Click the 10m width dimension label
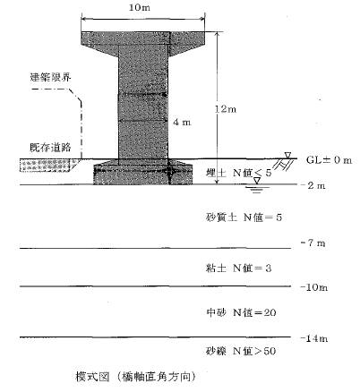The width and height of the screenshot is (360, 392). click(x=140, y=7)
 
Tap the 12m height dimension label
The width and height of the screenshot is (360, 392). click(x=226, y=109)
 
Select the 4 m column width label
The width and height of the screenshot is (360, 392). click(x=182, y=122)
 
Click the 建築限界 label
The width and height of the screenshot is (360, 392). click(x=50, y=77)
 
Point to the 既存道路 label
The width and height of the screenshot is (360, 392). click(x=50, y=148)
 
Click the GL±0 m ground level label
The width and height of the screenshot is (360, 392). click(x=330, y=160)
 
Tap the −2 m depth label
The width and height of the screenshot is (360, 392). click(x=313, y=185)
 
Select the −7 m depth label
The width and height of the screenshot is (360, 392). click(x=313, y=243)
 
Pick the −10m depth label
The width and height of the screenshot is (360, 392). click(x=313, y=287)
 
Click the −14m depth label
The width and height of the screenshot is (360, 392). click(x=313, y=338)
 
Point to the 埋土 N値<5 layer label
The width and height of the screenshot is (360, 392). click(x=239, y=173)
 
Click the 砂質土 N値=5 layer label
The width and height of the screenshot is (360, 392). click(x=244, y=217)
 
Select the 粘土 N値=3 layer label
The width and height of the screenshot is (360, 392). click(x=238, y=268)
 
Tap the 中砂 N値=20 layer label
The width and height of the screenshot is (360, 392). click(x=241, y=312)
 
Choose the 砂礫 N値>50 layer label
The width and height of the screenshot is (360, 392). click(x=241, y=351)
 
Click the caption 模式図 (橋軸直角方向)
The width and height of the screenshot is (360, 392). click(x=135, y=377)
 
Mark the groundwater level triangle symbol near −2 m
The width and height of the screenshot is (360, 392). click(x=257, y=181)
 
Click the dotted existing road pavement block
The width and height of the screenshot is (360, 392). click(x=46, y=166)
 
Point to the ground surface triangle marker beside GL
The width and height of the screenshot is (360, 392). click(x=287, y=155)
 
